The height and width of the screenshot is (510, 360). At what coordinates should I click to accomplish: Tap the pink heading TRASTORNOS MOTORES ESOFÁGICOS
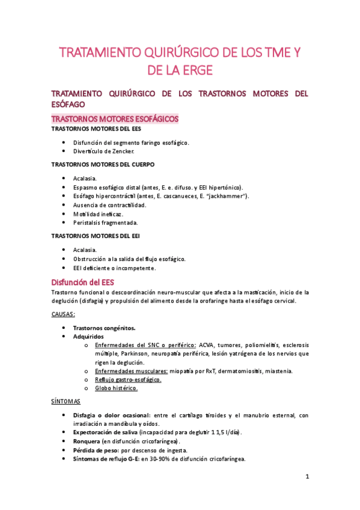tap(115, 118)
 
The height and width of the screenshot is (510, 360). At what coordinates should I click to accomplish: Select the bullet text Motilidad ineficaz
tap(98, 214)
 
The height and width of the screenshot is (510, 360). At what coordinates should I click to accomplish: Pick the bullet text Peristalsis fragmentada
tap(106, 223)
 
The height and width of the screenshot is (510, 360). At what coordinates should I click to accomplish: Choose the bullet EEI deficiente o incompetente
tap(114, 268)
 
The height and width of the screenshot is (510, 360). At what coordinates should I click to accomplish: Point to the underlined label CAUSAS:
tap(63, 314)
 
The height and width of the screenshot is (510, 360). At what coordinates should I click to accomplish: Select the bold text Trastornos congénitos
tap(104, 328)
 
